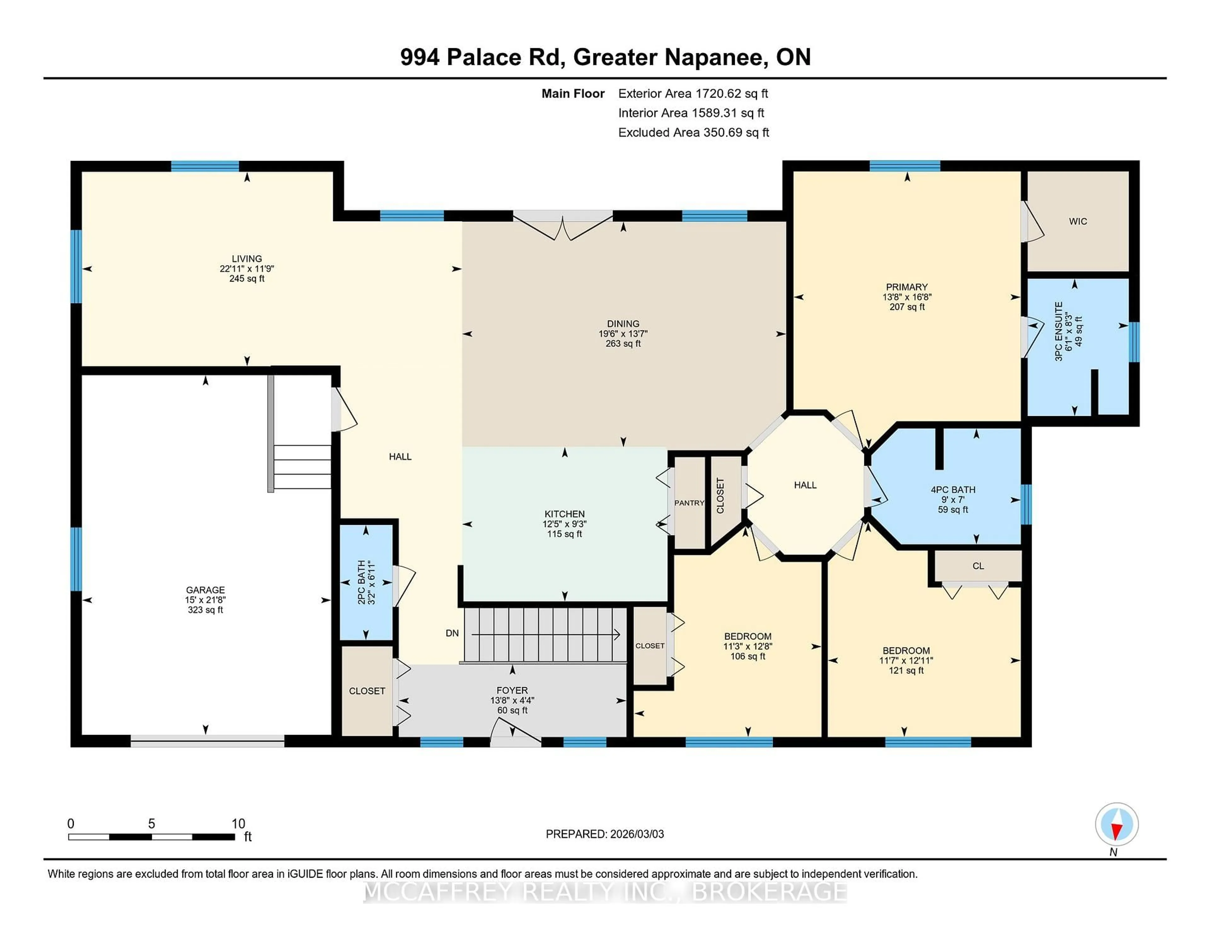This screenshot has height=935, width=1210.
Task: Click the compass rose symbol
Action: point(1116,824)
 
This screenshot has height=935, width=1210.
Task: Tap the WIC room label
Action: point(1078,221)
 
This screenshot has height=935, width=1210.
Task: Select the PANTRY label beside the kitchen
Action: point(689,503)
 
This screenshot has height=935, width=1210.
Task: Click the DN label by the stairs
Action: point(452,633)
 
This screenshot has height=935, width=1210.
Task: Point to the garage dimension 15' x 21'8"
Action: point(205,600)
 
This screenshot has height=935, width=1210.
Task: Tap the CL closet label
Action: point(978,566)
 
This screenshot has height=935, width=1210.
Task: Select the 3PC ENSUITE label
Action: point(1059,331)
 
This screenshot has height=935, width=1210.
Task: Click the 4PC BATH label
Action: point(953,490)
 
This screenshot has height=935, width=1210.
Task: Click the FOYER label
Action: point(512,690)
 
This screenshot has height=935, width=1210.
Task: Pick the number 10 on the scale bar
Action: point(238,824)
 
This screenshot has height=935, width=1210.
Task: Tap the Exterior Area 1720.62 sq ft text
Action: point(693,94)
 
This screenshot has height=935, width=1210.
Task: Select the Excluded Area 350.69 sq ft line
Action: point(693,132)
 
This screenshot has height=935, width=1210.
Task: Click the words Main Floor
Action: point(573,94)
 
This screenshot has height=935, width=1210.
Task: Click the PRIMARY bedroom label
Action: point(906,287)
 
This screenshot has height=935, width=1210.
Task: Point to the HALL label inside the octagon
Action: point(805,485)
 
